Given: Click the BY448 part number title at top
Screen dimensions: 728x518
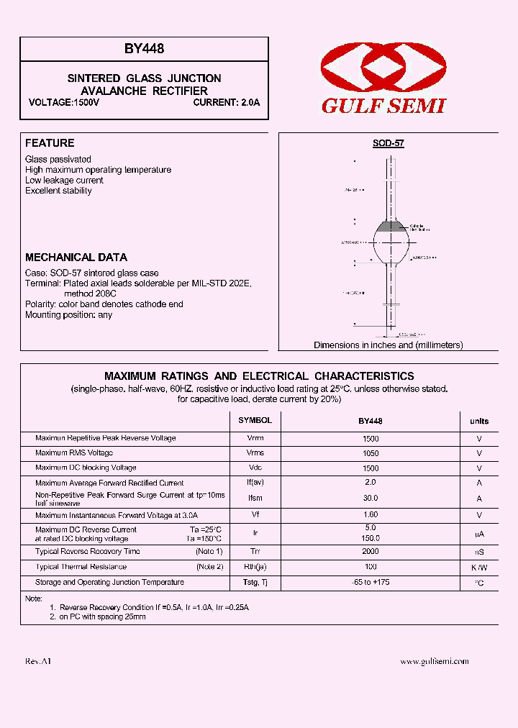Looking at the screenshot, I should (144, 50).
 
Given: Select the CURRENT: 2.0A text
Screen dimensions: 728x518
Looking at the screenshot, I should (227, 103).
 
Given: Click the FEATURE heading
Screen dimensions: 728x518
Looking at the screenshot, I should (50, 143).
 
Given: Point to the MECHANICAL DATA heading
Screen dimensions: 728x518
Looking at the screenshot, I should (76, 257).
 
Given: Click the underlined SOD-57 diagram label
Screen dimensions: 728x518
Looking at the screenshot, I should (388, 143).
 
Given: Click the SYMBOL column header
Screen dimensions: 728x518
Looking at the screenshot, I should (255, 420).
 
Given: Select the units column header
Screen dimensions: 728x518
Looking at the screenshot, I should (479, 421).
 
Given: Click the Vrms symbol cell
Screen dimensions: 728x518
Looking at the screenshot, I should (255, 453).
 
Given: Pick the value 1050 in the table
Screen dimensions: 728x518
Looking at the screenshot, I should (371, 453).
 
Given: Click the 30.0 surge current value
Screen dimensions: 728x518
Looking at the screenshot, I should (371, 498).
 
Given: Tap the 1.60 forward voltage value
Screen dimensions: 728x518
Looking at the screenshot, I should (371, 515).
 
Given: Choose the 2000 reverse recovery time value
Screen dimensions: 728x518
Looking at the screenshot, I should (371, 552).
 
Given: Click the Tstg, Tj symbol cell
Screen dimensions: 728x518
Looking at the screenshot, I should (255, 582).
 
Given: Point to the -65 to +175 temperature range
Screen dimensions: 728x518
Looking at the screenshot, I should (371, 582).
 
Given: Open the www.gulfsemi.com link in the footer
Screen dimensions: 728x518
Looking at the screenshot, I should (434, 661).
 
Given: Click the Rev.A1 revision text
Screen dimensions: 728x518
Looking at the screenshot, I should (38, 661).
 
